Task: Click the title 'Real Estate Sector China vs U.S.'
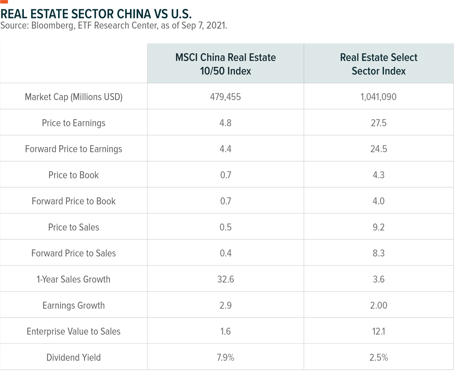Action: click(96, 14)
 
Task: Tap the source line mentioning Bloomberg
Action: click(113, 25)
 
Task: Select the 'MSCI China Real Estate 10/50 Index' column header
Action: click(225, 64)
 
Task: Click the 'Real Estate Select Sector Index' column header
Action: click(378, 64)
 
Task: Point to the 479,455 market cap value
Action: click(225, 97)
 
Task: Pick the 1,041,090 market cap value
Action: click(378, 97)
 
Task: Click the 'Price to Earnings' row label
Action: click(73, 123)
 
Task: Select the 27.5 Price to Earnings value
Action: click(378, 123)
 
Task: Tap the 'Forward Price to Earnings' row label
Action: click(73, 149)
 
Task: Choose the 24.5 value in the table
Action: click(378, 149)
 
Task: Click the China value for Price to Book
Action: click(225, 175)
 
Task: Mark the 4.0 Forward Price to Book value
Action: click(378, 201)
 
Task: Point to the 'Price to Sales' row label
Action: click(73, 227)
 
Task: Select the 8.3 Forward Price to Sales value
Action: click(378, 253)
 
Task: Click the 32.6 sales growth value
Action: click(225, 279)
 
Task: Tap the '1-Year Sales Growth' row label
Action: click(73, 279)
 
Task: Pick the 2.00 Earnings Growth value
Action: click(378, 305)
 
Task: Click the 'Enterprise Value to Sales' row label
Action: click(73, 331)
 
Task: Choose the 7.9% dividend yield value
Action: click(225, 358)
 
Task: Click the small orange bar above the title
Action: click(4, 2)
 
